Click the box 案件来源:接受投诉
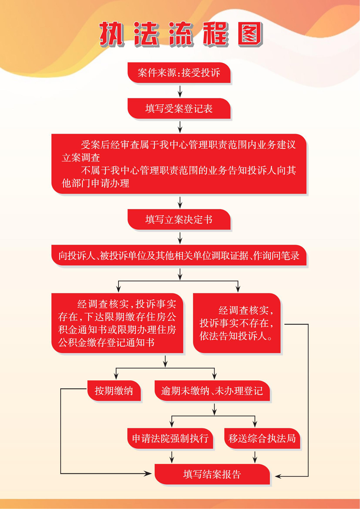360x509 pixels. point(179,73)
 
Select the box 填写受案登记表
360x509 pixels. point(179,108)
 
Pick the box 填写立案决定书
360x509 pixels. point(179,219)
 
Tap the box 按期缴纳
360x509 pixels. point(114,391)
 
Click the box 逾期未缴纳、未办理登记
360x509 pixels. point(212,391)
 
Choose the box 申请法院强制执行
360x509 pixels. point(170,438)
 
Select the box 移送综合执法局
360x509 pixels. point(262,438)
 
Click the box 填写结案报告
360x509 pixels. point(212,474)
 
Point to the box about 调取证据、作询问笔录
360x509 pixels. point(179,255)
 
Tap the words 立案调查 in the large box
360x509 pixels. point(81,158)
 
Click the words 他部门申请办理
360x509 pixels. point(95,183)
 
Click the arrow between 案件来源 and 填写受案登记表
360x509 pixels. point(180,91)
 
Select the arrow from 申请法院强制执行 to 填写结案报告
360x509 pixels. point(172,457)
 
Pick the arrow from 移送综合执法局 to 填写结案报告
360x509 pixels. point(255,457)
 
